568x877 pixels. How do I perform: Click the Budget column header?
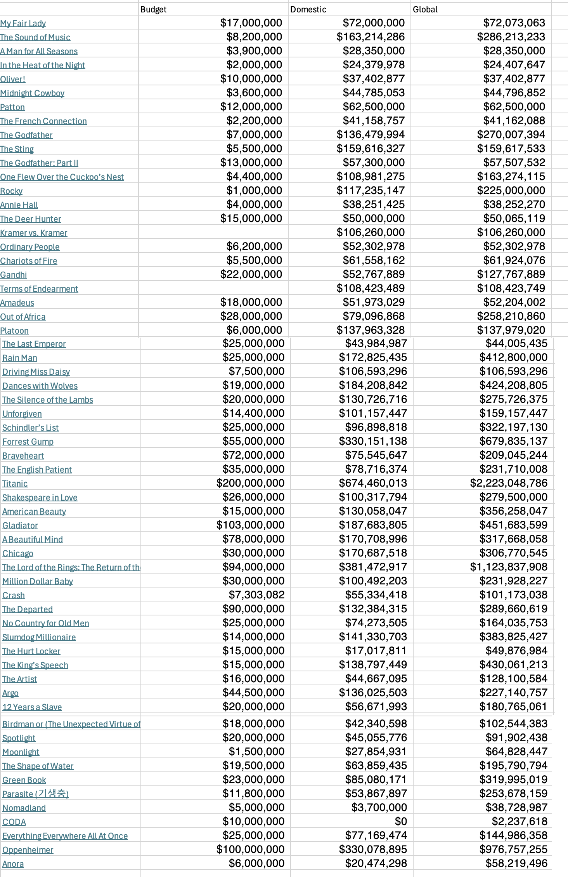pyautogui.click(x=154, y=9)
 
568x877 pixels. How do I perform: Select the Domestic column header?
pyautogui.click(x=308, y=9)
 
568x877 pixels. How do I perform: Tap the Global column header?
pyautogui.click(x=425, y=9)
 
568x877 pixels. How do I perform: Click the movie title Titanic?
pyautogui.click(x=15, y=484)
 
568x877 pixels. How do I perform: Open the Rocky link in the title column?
pyautogui.click(x=11, y=191)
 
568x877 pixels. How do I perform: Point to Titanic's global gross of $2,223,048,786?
pyautogui.click(x=508, y=483)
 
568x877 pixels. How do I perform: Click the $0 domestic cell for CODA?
pyautogui.click(x=401, y=822)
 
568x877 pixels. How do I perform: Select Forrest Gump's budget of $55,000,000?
pyautogui.click(x=253, y=441)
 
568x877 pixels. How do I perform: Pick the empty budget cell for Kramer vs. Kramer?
pyautogui.click(x=213, y=232)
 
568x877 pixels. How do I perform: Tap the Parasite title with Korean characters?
pyautogui.click(x=35, y=794)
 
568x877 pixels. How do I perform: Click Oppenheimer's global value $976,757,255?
pyautogui.click(x=513, y=849)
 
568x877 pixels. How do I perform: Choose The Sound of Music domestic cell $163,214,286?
pyautogui.click(x=371, y=37)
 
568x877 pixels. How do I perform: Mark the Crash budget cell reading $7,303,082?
pyautogui.click(x=256, y=595)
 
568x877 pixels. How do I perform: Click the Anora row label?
pyautogui.click(x=13, y=864)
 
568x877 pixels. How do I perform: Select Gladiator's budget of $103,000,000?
pyautogui.click(x=250, y=525)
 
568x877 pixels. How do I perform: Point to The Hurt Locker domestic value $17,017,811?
pyautogui.click(x=376, y=651)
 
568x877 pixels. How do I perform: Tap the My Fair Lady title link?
pyautogui.click(x=23, y=23)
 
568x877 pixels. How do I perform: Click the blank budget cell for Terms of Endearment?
pyautogui.click(x=213, y=288)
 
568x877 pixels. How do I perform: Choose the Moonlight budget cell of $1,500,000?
pyautogui.click(x=256, y=752)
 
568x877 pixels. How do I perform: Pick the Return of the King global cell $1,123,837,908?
pyautogui.click(x=508, y=567)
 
